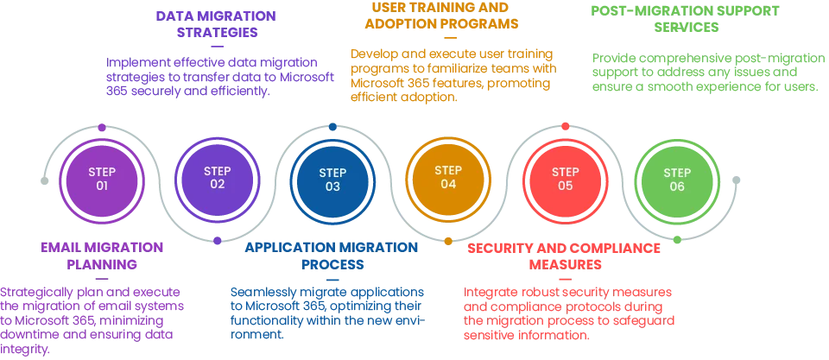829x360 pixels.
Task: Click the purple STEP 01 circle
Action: (x=102, y=180)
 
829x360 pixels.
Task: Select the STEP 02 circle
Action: (x=218, y=178)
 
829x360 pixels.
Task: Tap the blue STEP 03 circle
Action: (x=332, y=180)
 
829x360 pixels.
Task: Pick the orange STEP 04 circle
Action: (x=448, y=178)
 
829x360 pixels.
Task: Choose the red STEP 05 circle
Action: (x=565, y=180)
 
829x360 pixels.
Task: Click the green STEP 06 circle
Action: (x=677, y=180)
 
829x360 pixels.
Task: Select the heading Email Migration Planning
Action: (x=102, y=256)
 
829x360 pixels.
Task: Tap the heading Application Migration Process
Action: (x=332, y=256)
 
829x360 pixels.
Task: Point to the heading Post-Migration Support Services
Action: (x=685, y=19)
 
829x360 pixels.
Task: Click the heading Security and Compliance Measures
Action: (x=564, y=256)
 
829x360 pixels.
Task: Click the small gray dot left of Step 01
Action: (x=44, y=180)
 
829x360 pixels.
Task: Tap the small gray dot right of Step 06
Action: (x=736, y=180)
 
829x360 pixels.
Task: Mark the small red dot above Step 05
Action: (x=565, y=126)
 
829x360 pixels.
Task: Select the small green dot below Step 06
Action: (x=677, y=239)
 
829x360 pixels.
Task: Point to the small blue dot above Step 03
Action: (x=332, y=127)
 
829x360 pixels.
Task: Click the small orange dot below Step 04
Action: (x=448, y=241)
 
